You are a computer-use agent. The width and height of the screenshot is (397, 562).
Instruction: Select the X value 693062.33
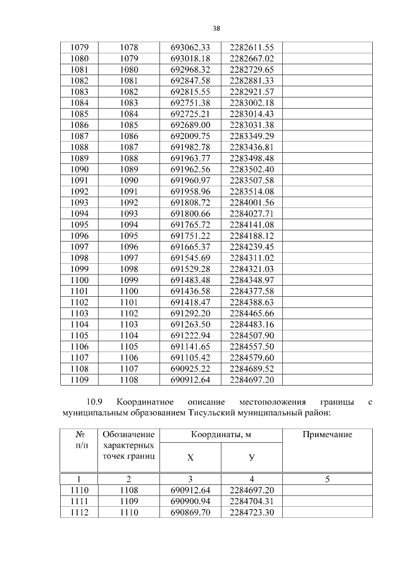point(190,47)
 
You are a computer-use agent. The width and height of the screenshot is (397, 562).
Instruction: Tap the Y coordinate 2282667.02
point(251,58)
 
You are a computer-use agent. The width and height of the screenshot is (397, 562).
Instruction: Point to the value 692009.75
point(190,136)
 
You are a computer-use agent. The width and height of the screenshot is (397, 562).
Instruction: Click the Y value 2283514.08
point(251,191)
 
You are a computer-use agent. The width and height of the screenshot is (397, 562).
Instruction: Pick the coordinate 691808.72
point(190,202)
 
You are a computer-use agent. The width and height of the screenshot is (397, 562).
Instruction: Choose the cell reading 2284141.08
point(251,224)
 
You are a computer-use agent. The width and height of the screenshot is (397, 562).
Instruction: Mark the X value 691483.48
point(190,280)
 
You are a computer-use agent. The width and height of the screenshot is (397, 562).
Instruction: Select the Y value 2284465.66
point(251,314)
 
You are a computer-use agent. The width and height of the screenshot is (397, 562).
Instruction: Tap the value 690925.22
point(190,369)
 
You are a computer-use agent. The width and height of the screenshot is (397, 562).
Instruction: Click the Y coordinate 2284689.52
point(251,369)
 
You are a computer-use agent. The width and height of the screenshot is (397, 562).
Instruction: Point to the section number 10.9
point(100,402)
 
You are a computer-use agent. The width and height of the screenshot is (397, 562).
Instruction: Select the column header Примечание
point(327,435)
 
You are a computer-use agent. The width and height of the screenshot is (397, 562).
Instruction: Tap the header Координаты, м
point(221,435)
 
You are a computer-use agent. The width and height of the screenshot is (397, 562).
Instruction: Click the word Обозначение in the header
point(128,435)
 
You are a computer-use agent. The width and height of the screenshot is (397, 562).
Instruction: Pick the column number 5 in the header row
point(327,479)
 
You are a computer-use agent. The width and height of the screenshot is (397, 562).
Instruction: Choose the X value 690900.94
point(190,501)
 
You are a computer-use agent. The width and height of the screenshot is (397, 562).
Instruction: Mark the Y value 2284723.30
point(251,512)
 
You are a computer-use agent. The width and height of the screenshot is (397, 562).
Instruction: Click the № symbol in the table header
point(79,435)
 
